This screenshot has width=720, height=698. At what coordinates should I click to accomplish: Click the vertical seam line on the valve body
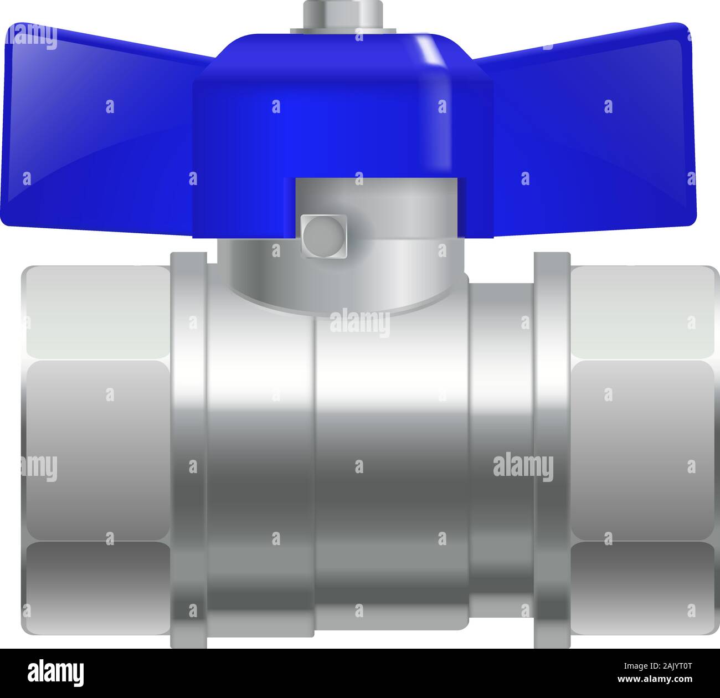click(316, 471)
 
